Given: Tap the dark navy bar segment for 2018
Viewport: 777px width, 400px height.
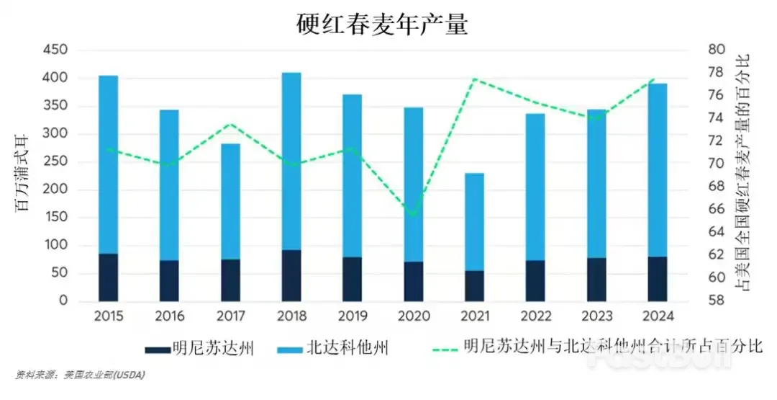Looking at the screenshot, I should coord(291,275).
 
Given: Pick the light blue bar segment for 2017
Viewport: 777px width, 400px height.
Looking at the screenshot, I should coord(230,202).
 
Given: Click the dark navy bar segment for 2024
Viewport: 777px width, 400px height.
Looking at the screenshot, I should coord(658,279).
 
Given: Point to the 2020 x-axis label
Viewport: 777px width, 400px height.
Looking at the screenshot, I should coord(414,316).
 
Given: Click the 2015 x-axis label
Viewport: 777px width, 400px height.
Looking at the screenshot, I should coord(109,316).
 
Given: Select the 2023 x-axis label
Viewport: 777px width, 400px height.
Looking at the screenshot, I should coord(596,316).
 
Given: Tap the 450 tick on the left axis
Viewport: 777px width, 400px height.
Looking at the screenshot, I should coord(55,50).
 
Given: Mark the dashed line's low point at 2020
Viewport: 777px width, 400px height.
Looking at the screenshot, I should coord(412,215).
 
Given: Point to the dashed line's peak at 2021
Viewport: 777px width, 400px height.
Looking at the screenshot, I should coord(475,79).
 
